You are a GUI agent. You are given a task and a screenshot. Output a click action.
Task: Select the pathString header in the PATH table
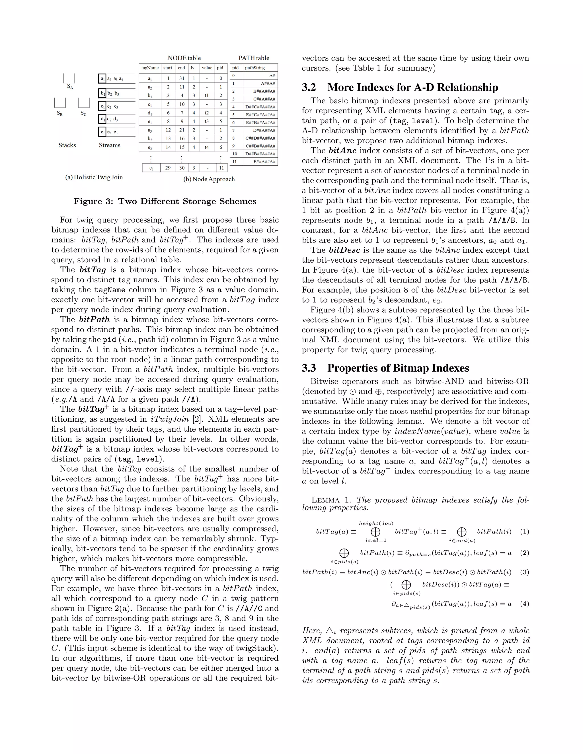[255, 68]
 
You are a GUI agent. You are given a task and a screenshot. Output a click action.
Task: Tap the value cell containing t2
[207, 113]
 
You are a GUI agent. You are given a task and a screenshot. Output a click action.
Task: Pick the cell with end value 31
[182, 78]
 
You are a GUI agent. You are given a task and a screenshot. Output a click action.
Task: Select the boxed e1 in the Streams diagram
[102, 132]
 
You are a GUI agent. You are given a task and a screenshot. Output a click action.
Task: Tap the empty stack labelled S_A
[69, 79]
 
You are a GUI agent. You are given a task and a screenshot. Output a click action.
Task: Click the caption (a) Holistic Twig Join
[94, 177]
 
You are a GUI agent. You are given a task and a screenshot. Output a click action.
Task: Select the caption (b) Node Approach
[209, 179]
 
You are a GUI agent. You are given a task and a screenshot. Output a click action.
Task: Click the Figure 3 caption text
[165, 201]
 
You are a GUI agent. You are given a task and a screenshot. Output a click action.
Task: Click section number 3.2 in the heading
[309, 87]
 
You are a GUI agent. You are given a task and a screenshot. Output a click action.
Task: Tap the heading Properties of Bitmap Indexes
[398, 368]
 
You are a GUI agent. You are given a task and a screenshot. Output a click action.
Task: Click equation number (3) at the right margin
[524, 572]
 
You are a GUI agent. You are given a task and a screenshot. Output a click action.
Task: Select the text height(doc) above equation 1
[376, 523]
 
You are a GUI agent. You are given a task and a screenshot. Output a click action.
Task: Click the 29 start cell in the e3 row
[168, 168]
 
